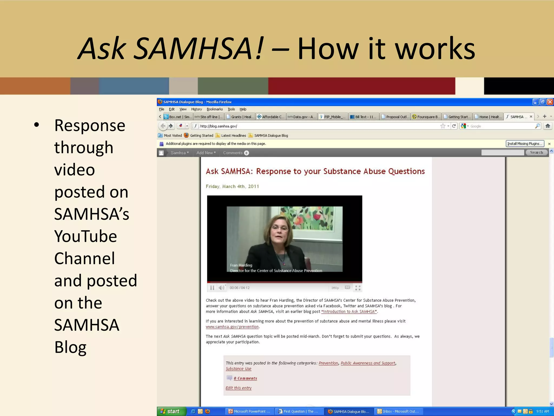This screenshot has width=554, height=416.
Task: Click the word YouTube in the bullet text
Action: [85, 236]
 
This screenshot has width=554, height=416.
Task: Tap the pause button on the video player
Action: [212, 288]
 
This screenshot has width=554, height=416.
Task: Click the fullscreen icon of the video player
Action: [358, 288]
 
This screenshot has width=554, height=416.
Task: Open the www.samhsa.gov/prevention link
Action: [232, 327]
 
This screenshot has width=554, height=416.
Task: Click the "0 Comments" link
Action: [245, 378]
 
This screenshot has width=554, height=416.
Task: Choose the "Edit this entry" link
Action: [239, 388]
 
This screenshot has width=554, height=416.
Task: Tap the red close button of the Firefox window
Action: [550, 102]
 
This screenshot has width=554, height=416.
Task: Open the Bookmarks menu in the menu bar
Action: [215, 109]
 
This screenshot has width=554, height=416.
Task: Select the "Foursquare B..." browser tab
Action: [426, 117]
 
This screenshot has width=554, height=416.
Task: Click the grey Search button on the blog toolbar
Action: [536, 152]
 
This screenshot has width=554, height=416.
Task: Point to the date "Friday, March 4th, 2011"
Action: [232, 186]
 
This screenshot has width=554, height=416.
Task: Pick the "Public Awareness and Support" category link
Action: [368, 363]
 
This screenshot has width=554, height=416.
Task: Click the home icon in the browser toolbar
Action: [548, 126]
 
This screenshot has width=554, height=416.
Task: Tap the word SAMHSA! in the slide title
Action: [199, 49]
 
